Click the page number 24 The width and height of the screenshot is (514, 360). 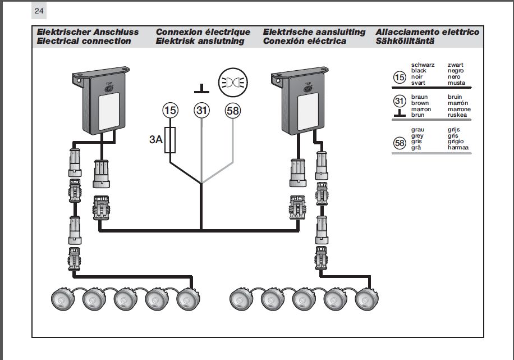click(39, 11)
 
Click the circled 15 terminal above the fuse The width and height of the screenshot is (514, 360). click(171, 111)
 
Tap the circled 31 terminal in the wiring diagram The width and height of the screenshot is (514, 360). click(201, 111)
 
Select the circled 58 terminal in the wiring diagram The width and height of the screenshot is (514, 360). click(232, 111)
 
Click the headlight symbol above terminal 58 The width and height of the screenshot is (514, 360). click(232, 81)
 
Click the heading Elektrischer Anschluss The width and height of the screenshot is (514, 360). click(88, 32)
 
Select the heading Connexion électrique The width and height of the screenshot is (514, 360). click(203, 32)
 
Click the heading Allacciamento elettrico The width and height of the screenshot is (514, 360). click(428, 32)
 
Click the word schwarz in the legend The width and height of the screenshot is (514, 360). click(423, 65)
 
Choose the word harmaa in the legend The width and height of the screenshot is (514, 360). click(458, 148)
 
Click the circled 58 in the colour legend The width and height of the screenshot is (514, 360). click(400, 143)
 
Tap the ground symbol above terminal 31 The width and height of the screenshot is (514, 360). click(201, 88)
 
